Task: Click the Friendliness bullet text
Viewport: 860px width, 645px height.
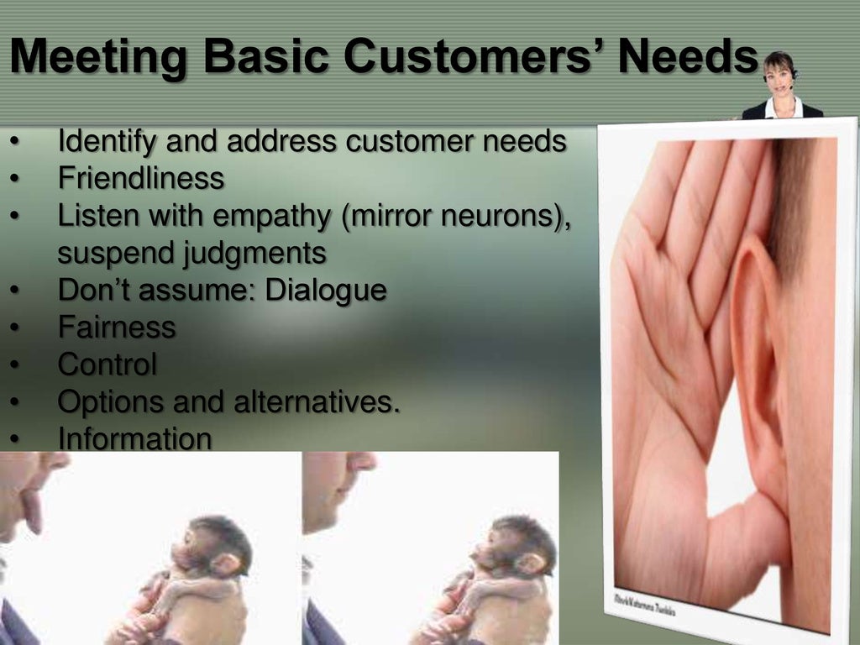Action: click(x=140, y=178)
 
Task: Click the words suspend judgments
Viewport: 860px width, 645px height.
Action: click(x=191, y=252)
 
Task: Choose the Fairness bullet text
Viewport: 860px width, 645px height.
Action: click(x=117, y=327)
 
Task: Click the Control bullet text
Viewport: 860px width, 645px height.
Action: click(x=107, y=364)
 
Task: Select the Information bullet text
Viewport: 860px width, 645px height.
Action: click(x=134, y=438)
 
